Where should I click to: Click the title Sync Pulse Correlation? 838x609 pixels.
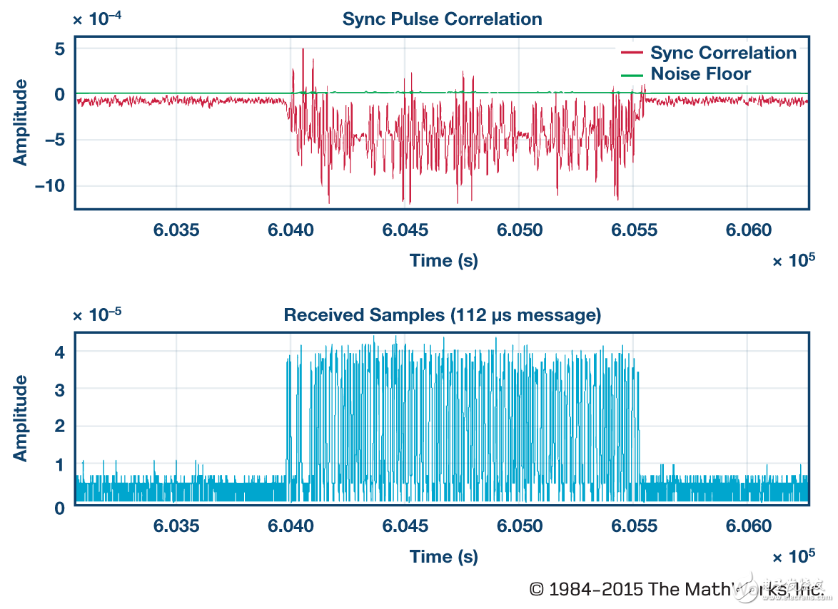click(442, 19)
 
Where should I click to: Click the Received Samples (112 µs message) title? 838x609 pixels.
click(442, 314)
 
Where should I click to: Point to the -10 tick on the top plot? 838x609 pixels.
click(51, 185)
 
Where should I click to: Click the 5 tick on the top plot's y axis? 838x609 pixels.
click(59, 48)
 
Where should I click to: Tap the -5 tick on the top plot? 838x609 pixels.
click(55, 140)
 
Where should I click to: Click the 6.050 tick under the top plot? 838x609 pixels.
click(520, 230)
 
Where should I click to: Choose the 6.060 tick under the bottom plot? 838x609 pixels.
click(749, 526)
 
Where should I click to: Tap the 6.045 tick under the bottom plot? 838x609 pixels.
click(405, 526)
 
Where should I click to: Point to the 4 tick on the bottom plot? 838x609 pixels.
click(60, 352)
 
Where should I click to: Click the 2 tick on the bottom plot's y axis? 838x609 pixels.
click(60, 426)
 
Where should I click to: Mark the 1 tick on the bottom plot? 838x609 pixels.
click(60, 465)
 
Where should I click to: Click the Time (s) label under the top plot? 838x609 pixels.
click(443, 260)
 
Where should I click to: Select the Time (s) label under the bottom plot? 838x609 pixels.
click(443, 556)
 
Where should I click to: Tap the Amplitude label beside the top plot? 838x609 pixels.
click(21, 122)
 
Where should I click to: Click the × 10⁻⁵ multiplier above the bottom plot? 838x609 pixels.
click(96, 314)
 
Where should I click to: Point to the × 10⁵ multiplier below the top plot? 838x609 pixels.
click(793, 260)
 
